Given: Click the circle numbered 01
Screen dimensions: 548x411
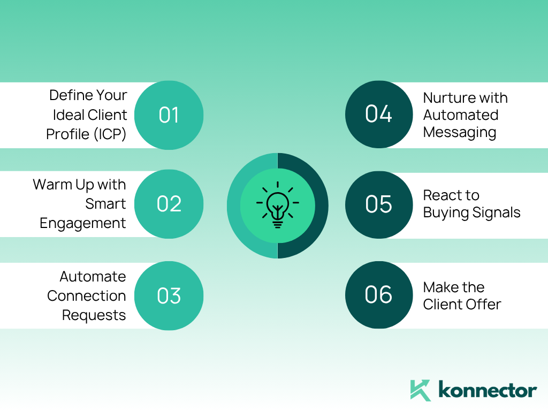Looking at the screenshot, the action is (x=169, y=116).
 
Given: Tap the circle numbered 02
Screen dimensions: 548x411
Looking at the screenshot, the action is (x=169, y=204).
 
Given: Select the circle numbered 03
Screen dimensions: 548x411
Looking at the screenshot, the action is (x=169, y=295).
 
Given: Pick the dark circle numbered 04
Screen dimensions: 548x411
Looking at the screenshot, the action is (x=379, y=115).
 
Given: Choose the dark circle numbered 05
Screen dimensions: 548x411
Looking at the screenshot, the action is (x=379, y=205).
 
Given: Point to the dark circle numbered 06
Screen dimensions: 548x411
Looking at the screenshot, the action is (x=379, y=295).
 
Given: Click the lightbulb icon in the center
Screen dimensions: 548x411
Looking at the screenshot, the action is (x=278, y=205).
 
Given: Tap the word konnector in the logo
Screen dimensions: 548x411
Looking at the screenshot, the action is (x=488, y=390).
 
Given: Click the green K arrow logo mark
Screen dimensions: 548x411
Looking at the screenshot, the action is (x=421, y=390).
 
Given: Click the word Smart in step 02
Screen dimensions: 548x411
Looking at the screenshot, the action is (x=105, y=203).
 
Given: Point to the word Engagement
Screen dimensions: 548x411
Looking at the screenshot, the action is (x=82, y=223).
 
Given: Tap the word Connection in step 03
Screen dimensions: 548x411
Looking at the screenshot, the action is (x=86, y=295).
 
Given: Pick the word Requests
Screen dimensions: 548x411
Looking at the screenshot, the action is (x=94, y=315).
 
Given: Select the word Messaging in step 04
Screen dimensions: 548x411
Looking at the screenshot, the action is (x=460, y=133).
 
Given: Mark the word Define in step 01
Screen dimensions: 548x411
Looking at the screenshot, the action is (x=71, y=95).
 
